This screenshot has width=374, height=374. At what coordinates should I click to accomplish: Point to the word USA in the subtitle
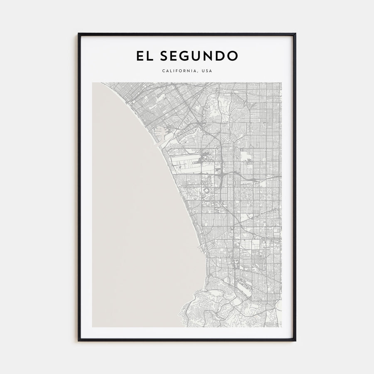[x=207, y=71]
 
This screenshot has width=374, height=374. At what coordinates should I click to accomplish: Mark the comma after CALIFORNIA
[x=198, y=72]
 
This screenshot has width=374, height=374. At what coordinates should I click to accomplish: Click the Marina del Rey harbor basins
[x=160, y=133]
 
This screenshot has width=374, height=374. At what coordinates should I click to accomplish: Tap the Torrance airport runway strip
[x=243, y=287]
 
